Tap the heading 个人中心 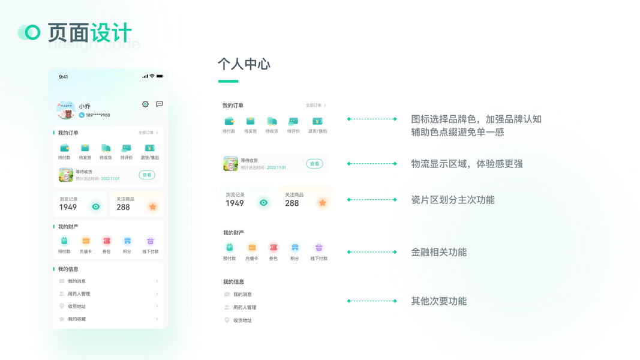[244, 64]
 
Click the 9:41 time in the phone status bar [64, 77]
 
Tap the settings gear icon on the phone [145, 104]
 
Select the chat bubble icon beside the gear [160, 104]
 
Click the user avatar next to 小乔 [65, 110]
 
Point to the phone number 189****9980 [97, 115]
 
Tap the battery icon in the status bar [160, 76]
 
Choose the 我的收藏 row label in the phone [77, 319]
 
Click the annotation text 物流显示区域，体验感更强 [467, 164]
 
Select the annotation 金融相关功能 [438, 253]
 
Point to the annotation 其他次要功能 [438, 301]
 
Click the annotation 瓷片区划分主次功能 [452, 200]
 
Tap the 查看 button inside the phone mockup [146, 175]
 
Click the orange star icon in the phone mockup [153, 206]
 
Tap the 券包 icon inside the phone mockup [106, 241]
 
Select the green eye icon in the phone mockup [95, 206]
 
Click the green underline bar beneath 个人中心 [228, 81]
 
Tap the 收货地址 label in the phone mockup [77, 307]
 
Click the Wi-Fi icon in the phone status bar [152, 76]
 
